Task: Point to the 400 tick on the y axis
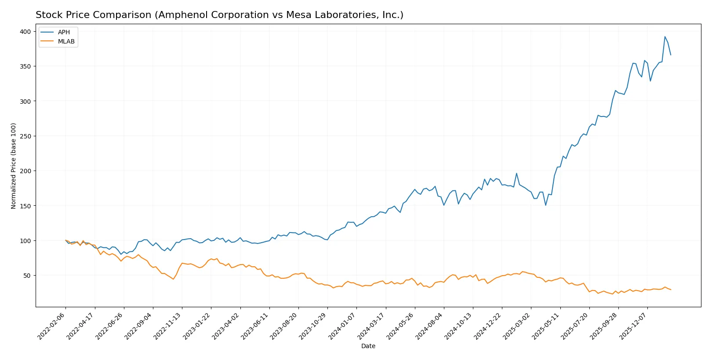(25, 32)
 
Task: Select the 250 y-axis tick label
(25, 136)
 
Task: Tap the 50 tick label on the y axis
(27, 276)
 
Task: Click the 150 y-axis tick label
(25, 206)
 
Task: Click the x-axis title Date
(368, 346)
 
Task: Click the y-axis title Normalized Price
(14, 166)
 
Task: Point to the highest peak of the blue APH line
(665, 36)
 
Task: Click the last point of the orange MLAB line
(671, 290)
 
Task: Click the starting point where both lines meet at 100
(65, 240)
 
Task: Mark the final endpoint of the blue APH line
(671, 55)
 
